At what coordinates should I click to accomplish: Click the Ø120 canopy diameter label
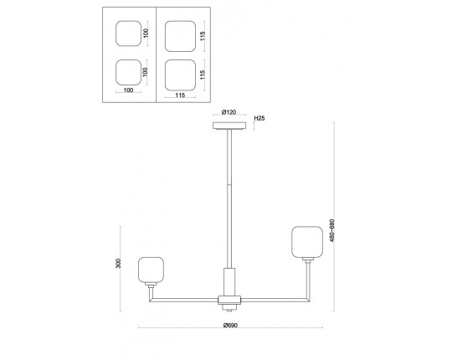pyautogui.click(x=229, y=112)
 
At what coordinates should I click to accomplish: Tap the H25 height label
pyautogui.click(x=259, y=118)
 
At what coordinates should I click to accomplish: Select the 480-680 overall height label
pyautogui.click(x=331, y=230)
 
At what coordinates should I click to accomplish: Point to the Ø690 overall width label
pyautogui.click(x=230, y=325)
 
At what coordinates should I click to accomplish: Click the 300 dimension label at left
pyautogui.click(x=118, y=264)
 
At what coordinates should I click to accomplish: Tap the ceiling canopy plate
pyautogui.click(x=229, y=126)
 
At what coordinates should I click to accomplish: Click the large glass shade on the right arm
pyautogui.click(x=307, y=242)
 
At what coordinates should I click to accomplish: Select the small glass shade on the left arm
pyautogui.click(x=151, y=270)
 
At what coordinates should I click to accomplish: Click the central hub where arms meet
pyautogui.click(x=229, y=300)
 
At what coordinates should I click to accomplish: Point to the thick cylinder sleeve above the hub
pyautogui.click(x=229, y=282)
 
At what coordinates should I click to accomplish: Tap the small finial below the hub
pyautogui.click(x=229, y=309)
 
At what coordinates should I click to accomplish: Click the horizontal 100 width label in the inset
pyautogui.click(x=128, y=90)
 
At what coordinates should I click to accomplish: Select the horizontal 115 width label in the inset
pyautogui.click(x=180, y=95)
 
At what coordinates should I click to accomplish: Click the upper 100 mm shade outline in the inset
pyautogui.click(x=129, y=33)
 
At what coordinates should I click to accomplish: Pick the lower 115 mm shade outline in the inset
pyautogui.click(x=181, y=75)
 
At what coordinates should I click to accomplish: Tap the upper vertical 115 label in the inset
pyautogui.click(x=203, y=36)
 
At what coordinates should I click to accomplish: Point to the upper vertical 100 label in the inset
pyautogui.click(x=146, y=33)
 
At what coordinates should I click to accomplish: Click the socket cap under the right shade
pyautogui.click(x=308, y=260)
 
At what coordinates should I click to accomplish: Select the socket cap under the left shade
pyautogui.click(x=151, y=285)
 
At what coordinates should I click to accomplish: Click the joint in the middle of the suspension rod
pyautogui.click(x=229, y=184)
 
